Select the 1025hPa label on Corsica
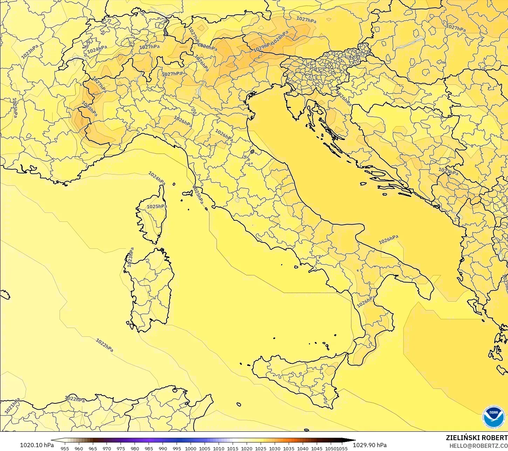tap(157, 206)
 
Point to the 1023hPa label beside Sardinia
tap(130, 258)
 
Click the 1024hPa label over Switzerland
tap(97, 50)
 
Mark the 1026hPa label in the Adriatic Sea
tap(389, 240)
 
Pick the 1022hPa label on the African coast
tap(75, 399)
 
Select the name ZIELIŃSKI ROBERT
tap(476, 438)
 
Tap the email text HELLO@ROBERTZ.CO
tap(479, 446)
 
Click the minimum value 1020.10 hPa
tap(37, 445)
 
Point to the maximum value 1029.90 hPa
tap(370, 445)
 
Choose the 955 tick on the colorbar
tap(65, 448)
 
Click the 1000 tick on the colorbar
tap(191, 448)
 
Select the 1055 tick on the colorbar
tap(342, 448)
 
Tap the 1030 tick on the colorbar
tap(275, 448)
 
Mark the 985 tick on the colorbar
tap(149, 448)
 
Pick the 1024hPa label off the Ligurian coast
tap(157, 178)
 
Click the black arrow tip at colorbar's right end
tap(354, 440)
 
